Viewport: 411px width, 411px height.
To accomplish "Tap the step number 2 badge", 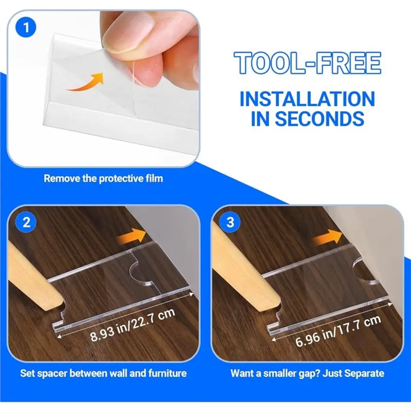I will pyautogui.click(x=24, y=222).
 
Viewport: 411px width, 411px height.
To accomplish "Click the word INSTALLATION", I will pyautogui.click(x=307, y=98).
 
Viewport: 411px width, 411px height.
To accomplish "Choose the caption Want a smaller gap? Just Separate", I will pyautogui.click(x=307, y=373).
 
